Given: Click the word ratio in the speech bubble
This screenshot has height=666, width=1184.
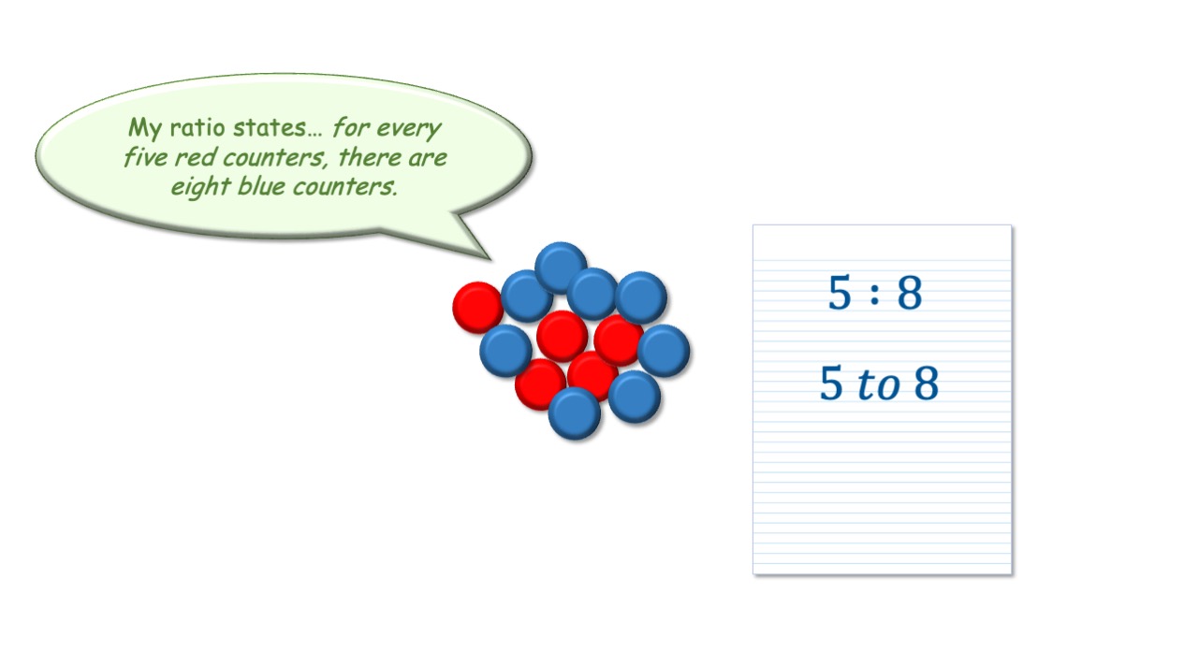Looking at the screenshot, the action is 197,127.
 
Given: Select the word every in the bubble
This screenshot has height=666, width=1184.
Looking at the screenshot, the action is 409,129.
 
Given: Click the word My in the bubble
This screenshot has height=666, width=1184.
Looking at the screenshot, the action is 145,128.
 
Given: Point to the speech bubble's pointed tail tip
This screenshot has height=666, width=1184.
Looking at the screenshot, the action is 490,259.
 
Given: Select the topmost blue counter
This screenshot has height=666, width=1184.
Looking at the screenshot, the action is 561,268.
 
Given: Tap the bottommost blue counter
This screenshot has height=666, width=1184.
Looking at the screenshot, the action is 575,413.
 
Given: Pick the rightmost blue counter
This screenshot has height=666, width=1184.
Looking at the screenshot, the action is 664,351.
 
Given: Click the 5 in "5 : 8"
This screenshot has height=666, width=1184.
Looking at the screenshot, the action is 840,292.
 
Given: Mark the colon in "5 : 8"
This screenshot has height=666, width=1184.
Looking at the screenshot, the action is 875,294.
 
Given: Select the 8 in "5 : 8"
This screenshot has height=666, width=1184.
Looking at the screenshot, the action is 910,292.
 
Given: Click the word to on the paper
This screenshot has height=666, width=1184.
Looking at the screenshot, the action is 878,384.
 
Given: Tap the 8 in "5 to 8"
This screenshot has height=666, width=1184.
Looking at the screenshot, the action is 927,383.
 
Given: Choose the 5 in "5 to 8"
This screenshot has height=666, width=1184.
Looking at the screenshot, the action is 831,383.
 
